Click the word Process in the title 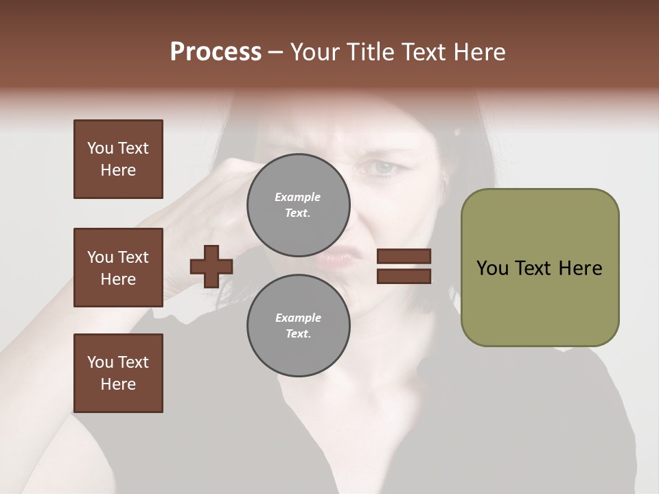216,52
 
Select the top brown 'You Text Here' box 118,159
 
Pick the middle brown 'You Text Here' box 118,268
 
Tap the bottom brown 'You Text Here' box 118,373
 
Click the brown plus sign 211,266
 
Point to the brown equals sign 404,266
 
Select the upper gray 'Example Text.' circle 298,204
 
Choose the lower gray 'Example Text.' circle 298,325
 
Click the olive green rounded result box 540,268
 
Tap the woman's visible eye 384,167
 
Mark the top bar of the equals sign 404,257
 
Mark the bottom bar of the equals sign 404,276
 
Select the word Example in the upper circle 298,197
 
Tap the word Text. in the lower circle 298,333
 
